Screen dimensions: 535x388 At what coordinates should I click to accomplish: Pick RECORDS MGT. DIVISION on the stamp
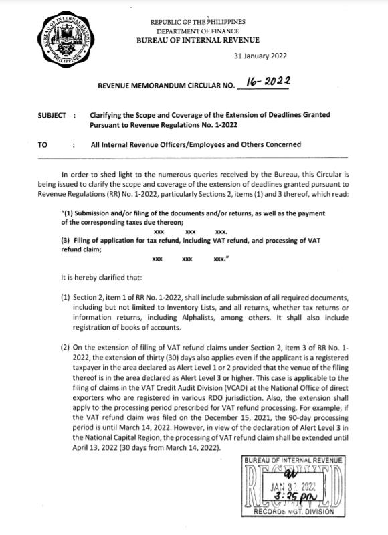(x=294, y=518)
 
